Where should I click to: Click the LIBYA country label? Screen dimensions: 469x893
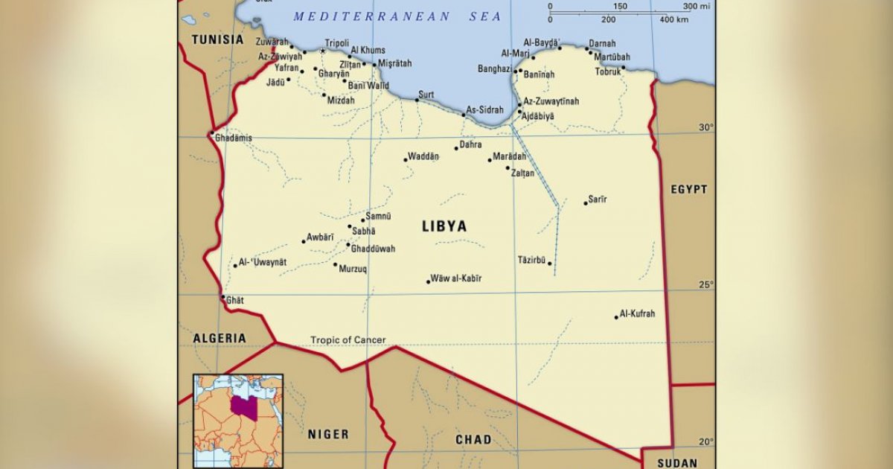[444, 226]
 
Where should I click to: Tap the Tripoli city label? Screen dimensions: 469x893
[336, 43]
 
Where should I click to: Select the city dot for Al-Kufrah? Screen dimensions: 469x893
[616, 317]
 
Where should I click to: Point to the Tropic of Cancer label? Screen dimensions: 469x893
[348, 340]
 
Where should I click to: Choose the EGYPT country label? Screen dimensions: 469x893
[688, 190]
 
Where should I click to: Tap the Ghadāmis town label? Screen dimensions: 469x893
[233, 138]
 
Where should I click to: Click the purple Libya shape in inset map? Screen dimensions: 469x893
[240, 406]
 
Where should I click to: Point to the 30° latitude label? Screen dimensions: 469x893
[705, 127]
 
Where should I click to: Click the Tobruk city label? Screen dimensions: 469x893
[607, 72]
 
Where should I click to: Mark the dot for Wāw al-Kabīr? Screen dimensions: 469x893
[429, 282]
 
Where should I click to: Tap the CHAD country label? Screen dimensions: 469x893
[473, 439]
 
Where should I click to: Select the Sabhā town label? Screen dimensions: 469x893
[363, 232]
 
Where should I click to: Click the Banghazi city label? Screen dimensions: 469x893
[494, 69]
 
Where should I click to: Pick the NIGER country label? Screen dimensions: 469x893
[328, 434]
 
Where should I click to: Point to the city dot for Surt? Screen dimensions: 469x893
[417, 100]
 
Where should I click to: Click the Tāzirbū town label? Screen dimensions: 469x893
[531, 260]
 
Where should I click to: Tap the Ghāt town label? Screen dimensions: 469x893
[234, 300]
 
